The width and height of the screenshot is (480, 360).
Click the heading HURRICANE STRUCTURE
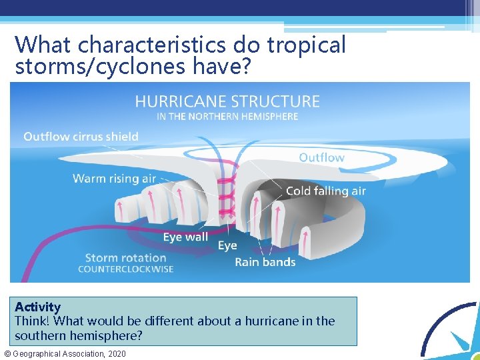[227, 101]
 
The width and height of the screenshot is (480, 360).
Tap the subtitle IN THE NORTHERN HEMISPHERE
[227, 116]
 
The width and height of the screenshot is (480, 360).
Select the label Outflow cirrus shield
[81, 137]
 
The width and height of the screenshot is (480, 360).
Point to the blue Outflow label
[321, 158]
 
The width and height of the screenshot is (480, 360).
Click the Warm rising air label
[114, 179]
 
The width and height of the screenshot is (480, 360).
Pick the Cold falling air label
[325, 191]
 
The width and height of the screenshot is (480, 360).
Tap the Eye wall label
[185, 237]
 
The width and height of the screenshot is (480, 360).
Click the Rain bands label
[265, 262]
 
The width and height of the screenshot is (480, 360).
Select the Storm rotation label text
[125, 257]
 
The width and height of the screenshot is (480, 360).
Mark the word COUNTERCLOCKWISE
[125, 269]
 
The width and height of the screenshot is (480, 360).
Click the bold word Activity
[37, 307]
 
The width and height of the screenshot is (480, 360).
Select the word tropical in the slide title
[307, 45]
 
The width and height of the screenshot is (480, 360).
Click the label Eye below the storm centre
[227, 246]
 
